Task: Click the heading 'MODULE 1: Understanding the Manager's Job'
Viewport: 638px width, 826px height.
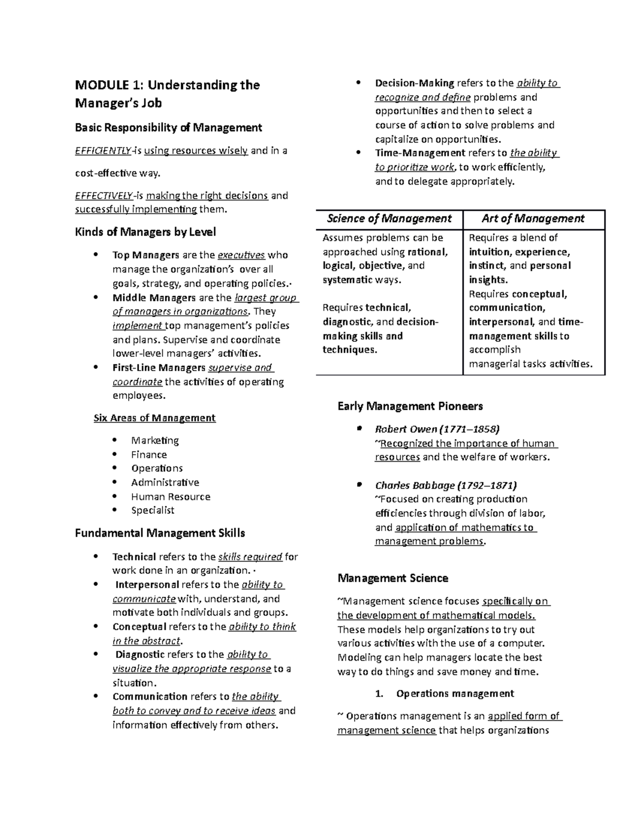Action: (x=167, y=94)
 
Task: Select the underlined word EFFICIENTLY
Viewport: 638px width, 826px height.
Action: (x=103, y=151)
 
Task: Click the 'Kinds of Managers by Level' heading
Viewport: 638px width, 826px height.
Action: (x=145, y=232)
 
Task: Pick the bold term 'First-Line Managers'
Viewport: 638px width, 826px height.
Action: (x=158, y=368)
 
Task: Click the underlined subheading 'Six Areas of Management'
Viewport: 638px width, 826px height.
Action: (x=154, y=418)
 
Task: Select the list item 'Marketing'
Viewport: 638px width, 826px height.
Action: (x=155, y=440)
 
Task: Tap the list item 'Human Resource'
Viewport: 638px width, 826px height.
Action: (x=171, y=497)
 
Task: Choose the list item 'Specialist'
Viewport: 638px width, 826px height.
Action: (x=153, y=511)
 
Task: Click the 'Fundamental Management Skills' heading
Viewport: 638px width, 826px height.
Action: (x=160, y=533)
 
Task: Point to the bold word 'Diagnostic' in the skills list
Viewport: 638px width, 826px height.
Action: (x=140, y=655)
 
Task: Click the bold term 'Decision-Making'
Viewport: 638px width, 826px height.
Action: (x=414, y=83)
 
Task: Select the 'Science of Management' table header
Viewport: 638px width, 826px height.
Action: (x=389, y=219)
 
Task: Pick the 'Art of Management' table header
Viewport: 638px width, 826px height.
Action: (x=533, y=219)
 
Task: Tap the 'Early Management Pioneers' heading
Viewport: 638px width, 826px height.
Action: (x=410, y=406)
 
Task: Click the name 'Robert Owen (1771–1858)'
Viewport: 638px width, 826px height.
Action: (x=436, y=429)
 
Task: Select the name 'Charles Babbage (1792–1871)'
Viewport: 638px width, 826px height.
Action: (x=446, y=485)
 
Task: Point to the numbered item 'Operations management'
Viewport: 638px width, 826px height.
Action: (x=455, y=694)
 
